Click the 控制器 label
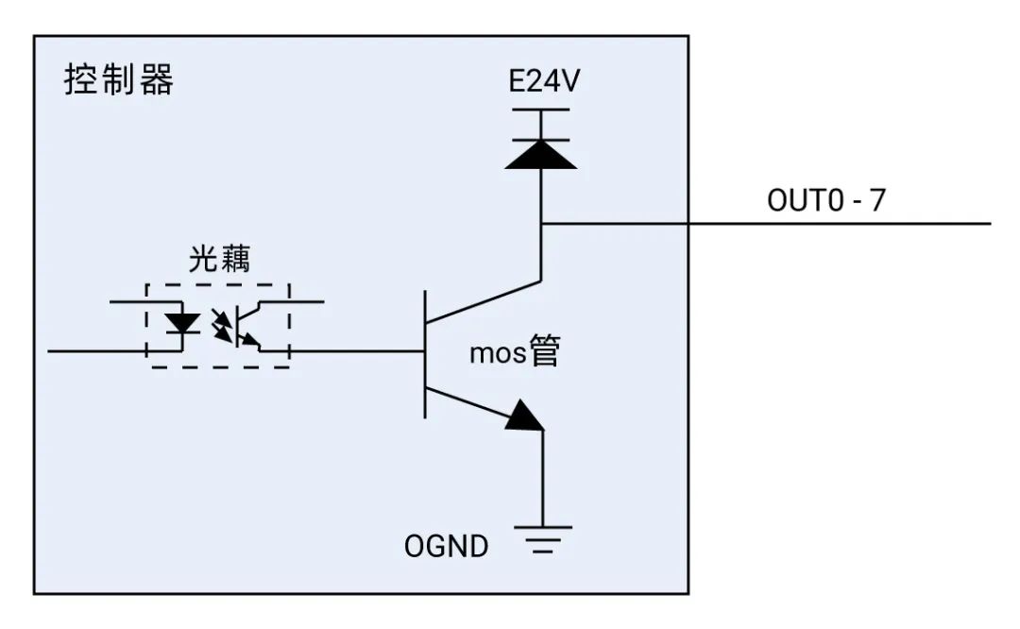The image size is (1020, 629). [x=119, y=81]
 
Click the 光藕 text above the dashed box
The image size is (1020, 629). [x=218, y=262]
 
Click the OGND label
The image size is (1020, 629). [x=447, y=546]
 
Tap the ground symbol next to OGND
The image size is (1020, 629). [x=542, y=539]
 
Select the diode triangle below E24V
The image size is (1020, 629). [x=541, y=153]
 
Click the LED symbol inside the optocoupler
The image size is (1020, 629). [x=180, y=323]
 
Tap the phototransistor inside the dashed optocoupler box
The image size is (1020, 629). [x=248, y=326]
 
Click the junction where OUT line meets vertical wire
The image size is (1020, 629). [x=541, y=224]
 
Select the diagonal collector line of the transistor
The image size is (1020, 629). [x=484, y=301]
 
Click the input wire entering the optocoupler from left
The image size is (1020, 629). [x=94, y=350]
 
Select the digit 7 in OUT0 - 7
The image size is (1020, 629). [x=878, y=202]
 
